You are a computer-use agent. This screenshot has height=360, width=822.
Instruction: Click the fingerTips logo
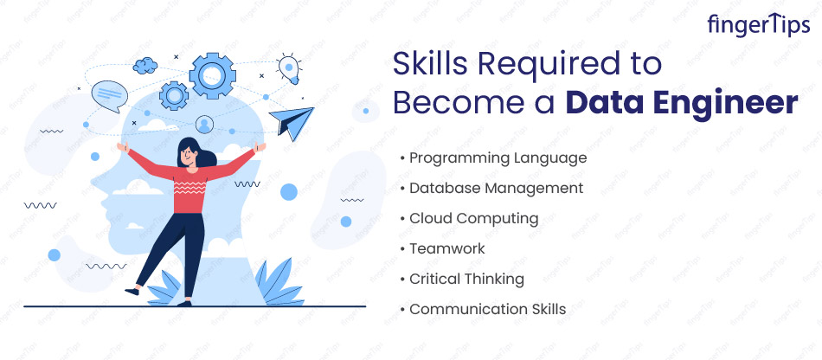click(x=758, y=25)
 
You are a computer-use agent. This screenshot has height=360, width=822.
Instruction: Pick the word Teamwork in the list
click(x=447, y=248)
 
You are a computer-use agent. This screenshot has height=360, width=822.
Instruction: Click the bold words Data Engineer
click(x=682, y=102)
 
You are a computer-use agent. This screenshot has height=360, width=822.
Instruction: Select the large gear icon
click(x=212, y=76)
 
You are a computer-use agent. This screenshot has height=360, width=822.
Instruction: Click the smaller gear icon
click(x=174, y=96)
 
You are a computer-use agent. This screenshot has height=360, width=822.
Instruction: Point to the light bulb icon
click(x=288, y=68)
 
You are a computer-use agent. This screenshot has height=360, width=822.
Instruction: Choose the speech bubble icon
click(x=110, y=96)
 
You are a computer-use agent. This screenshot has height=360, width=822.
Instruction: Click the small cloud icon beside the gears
click(x=145, y=66)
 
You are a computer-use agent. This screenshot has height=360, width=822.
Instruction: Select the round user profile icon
click(x=204, y=125)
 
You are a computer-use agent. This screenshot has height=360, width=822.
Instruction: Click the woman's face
click(x=189, y=153)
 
